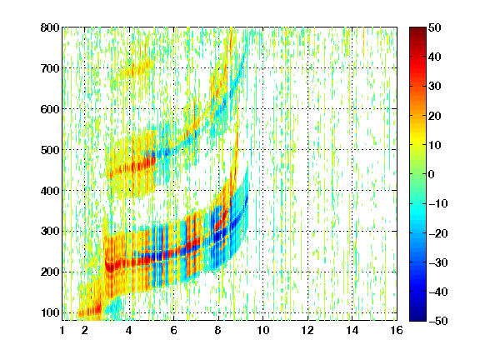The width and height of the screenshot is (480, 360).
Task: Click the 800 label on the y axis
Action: point(50,27)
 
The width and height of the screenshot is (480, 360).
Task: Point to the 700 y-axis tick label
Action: point(50,68)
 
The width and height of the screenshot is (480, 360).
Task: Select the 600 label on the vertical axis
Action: point(50,109)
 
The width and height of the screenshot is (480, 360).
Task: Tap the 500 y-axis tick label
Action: point(50,150)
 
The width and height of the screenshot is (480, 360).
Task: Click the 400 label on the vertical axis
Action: point(50,191)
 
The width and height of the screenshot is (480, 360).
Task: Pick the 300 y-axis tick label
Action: point(50,232)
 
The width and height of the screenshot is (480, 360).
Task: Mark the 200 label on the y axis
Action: point(50,272)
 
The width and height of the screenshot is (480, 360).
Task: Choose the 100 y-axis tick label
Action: point(50,312)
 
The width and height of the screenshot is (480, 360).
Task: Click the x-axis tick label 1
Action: point(62,330)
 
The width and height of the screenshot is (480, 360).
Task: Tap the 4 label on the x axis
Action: point(129,330)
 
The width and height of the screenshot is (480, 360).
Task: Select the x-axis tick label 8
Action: point(218,330)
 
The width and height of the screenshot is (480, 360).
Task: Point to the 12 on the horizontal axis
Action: point(307,330)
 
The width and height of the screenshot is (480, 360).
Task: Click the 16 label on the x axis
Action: point(397,330)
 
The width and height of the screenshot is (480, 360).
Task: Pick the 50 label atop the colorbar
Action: point(434,27)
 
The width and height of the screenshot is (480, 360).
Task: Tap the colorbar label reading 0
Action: point(432,174)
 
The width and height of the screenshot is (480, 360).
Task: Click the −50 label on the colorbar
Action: point(438,321)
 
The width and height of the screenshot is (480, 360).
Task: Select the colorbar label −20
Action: point(438,233)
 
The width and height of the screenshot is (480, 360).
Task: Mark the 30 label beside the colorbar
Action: point(434,86)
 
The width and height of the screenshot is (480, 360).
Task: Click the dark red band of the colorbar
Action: point(417,33)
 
